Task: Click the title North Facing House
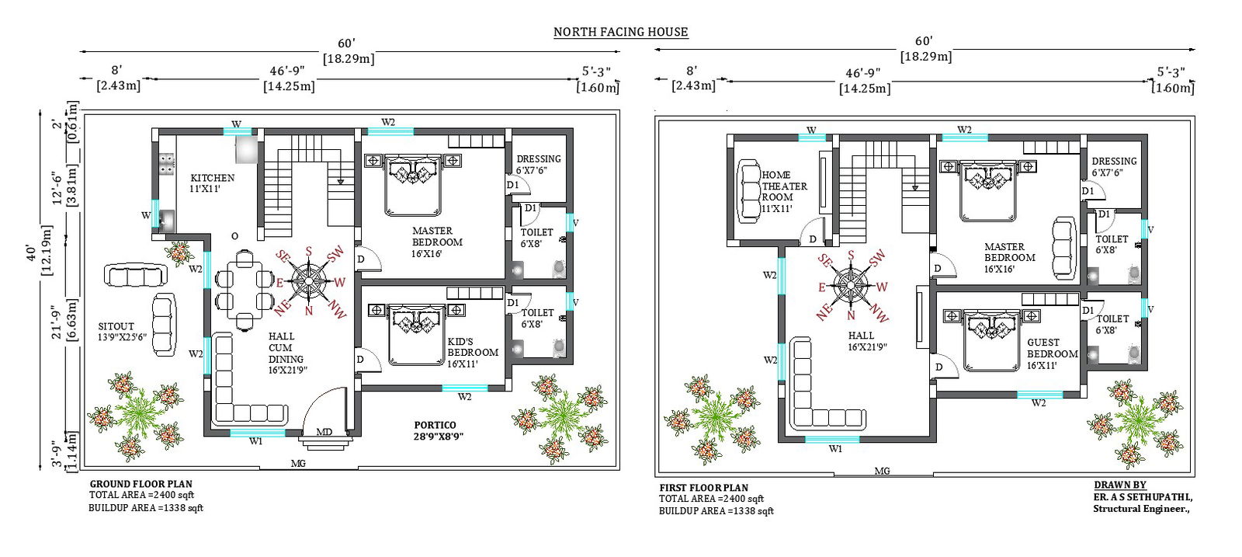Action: coord(620,32)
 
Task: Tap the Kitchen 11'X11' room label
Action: coord(212,183)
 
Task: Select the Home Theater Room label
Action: coord(783,191)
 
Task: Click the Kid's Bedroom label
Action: coord(472,352)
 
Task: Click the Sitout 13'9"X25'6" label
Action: coord(122,332)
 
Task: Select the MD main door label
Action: coord(324,432)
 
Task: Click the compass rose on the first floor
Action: coord(851,285)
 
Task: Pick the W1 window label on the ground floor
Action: coord(255,441)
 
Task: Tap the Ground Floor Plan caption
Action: coord(141,483)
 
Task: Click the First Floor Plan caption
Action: coord(703,488)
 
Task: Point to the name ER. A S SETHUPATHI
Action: coord(1143,497)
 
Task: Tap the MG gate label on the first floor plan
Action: coord(882,471)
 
